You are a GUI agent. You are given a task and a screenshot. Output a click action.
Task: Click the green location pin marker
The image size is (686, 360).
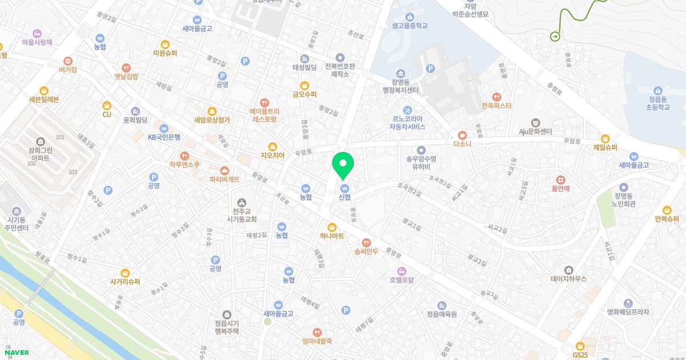pyautogui.click(x=343, y=165)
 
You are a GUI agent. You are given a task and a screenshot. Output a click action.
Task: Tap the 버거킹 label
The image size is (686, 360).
pyautogui.click(x=67, y=70)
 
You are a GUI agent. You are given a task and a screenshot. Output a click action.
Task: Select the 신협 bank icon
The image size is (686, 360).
pyautogui.click(x=344, y=188)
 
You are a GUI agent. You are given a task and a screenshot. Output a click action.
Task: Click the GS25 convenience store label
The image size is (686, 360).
pyautogui.click(x=580, y=354)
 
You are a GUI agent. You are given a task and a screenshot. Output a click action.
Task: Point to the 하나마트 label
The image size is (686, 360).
pyautogui.click(x=332, y=235)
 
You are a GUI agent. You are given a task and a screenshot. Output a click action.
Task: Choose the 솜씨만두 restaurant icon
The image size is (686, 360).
pyautogui.click(x=366, y=242)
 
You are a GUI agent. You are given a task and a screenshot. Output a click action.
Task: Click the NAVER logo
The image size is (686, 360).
pyautogui.click(x=15, y=353)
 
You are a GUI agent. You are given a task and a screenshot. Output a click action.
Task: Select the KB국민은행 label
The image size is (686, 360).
pyautogui.click(x=164, y=137)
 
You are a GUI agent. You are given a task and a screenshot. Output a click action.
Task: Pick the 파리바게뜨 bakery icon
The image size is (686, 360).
pyautogui.click(x=224, y=170)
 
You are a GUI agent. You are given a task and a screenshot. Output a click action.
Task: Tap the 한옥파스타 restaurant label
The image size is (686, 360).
pyautogui.click(x=496, y=106)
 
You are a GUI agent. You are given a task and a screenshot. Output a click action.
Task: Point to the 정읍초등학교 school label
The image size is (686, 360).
pyautogui.click(x=658, y=102)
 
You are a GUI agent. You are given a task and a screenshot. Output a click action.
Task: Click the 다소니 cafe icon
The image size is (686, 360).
pyautogui.click(x=462, y=135)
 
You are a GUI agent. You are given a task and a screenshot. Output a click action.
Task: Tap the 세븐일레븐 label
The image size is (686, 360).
pyautogui.click(x=44, y=99)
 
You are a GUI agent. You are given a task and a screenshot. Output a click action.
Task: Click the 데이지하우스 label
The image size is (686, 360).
pyautogui.click(x=568, y=279)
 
